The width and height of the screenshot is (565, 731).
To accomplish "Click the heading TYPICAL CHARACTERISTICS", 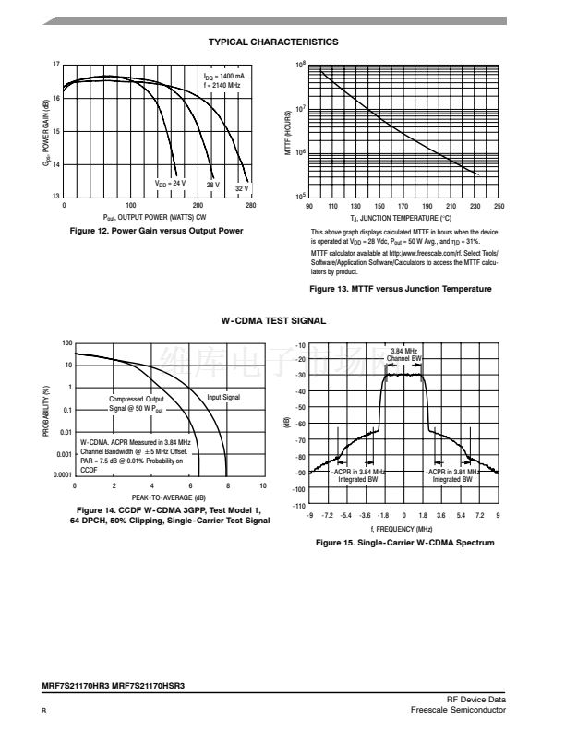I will click(272, 42).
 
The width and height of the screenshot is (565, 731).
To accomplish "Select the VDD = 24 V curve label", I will click(170, 183).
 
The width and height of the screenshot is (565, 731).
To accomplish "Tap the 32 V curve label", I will click(242, 188).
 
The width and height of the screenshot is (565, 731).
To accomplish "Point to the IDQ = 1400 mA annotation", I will click(223, 76).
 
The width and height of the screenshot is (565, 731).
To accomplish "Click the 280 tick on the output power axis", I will click(250, 205).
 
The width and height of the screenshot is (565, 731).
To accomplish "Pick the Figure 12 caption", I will click(158, 230).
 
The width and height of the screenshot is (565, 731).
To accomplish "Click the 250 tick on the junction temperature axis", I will click(499, 206).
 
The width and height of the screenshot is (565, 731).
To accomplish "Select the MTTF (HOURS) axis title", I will click(288, 131).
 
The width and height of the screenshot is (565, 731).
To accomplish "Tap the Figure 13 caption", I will click(401, 289).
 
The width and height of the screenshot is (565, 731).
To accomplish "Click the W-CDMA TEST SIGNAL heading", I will click(272, 320).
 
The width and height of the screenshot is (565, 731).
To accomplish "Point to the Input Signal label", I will click(223, 397).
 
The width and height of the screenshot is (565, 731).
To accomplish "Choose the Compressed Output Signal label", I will click(137, 402).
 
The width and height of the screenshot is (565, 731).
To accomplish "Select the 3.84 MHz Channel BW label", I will click(403, 354).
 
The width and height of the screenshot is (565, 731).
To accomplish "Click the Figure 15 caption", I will click(405, 543).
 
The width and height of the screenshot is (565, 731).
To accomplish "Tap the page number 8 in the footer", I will click(43, 710).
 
